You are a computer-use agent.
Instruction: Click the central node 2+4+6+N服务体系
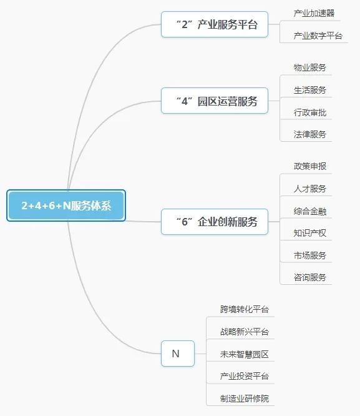(66, 206)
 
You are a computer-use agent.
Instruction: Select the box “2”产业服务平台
(215, 24)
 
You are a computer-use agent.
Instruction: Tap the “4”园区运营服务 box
(215, 101)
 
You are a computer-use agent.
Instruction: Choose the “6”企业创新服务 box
(215, 222)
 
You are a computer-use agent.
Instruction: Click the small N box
(178, 354)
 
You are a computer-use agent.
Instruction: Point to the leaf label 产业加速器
(314, 13)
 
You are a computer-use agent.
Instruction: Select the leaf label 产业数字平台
(318, 36)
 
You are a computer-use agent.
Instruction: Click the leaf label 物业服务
(310, 67)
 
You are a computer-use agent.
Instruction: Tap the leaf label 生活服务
(310, 90)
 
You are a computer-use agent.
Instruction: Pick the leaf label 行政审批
(310, 112)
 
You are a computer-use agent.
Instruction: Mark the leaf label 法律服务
(310, 134)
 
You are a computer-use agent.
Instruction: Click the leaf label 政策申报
(310, 166)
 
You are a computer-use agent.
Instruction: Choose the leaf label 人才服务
(310, 189)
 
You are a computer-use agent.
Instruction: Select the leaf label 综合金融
(310, 211)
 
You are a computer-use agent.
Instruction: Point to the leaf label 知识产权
(310, 233)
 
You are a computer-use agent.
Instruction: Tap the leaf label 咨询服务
(310, 277)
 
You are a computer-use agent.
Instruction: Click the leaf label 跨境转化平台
(245, 309)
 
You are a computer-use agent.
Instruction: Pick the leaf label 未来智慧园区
(245, 354)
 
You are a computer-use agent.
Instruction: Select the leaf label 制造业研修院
(245, 399)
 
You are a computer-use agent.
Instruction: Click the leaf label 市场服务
(310, 255)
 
